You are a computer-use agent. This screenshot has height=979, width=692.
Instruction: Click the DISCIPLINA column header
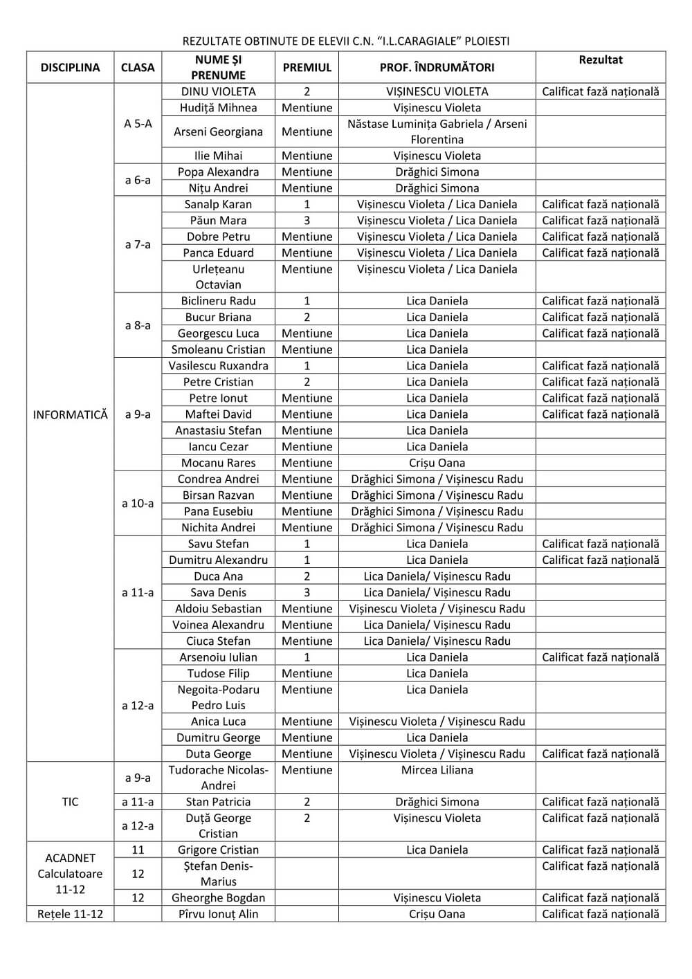70,67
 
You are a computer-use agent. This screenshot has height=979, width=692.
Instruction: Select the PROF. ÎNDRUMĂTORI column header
437,67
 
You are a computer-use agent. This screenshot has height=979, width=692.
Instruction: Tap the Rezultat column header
600,60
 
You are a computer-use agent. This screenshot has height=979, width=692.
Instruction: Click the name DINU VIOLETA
218,91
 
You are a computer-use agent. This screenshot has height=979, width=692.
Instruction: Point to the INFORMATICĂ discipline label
70,414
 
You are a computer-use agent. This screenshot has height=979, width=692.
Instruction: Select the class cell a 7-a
138,244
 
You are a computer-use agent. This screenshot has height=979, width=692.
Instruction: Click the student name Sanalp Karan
218,204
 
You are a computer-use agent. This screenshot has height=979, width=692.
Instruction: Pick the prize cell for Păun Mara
307,221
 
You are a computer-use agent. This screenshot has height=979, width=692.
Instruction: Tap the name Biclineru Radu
218,301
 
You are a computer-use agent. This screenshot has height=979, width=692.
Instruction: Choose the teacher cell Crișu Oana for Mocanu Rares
437,463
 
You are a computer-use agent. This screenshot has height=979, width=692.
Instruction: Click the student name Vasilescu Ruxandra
218,366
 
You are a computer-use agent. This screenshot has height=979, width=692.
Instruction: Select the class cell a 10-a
138,504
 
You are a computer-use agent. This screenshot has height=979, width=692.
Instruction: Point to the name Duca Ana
218,576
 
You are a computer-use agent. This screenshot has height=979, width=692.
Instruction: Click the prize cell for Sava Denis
307,592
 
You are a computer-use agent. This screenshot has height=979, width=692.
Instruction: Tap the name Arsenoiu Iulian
218,657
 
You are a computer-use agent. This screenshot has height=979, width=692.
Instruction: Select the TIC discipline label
70,802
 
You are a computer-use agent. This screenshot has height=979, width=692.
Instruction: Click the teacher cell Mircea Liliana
437,770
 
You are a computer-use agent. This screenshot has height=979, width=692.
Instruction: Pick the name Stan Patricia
218,802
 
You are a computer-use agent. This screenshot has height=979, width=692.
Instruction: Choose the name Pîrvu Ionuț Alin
218,914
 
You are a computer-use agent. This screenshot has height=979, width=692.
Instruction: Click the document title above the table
345,41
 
